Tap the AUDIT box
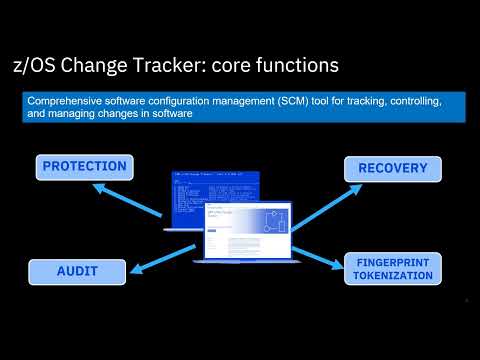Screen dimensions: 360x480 coord(77,270)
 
